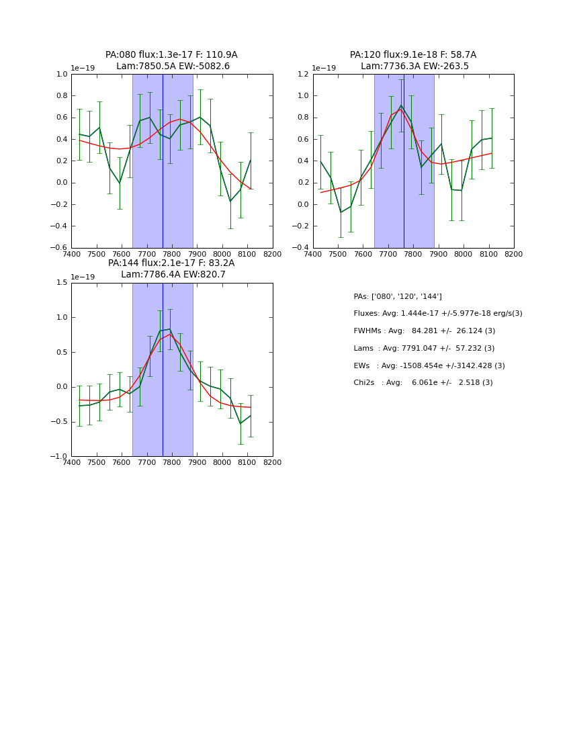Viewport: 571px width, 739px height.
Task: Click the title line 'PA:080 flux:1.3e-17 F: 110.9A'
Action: [x=171, y=55]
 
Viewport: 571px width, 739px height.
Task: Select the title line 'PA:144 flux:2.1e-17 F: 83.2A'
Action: [x=171, y=263]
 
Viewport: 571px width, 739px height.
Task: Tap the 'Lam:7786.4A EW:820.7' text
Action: [x=173, y=275]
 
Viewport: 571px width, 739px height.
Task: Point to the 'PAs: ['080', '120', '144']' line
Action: [x=398, y=296]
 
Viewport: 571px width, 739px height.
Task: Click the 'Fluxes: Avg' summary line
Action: [x=437, y=314]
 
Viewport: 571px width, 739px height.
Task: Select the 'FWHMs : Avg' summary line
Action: [x=424, y=331]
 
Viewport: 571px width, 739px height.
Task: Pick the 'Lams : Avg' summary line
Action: [x=424, y=349]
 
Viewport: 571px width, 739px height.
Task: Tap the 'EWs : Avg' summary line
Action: [x=429, y=366]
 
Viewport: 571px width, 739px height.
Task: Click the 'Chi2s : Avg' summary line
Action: [x=423, y=383]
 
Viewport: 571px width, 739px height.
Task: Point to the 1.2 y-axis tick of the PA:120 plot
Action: [x=304, y=74]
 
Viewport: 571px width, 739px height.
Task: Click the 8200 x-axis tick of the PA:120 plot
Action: [x=514, y=255]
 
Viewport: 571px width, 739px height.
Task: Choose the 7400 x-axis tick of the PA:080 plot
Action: [x=71, y=255]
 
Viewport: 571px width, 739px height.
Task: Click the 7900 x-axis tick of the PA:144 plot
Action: [x=197, y=463]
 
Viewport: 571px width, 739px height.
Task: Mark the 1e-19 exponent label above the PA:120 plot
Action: [x=324, y=68]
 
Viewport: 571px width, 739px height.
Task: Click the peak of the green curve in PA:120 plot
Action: [x=401, y=105]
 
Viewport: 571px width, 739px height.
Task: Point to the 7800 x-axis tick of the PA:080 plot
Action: [x=172, y=255]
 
